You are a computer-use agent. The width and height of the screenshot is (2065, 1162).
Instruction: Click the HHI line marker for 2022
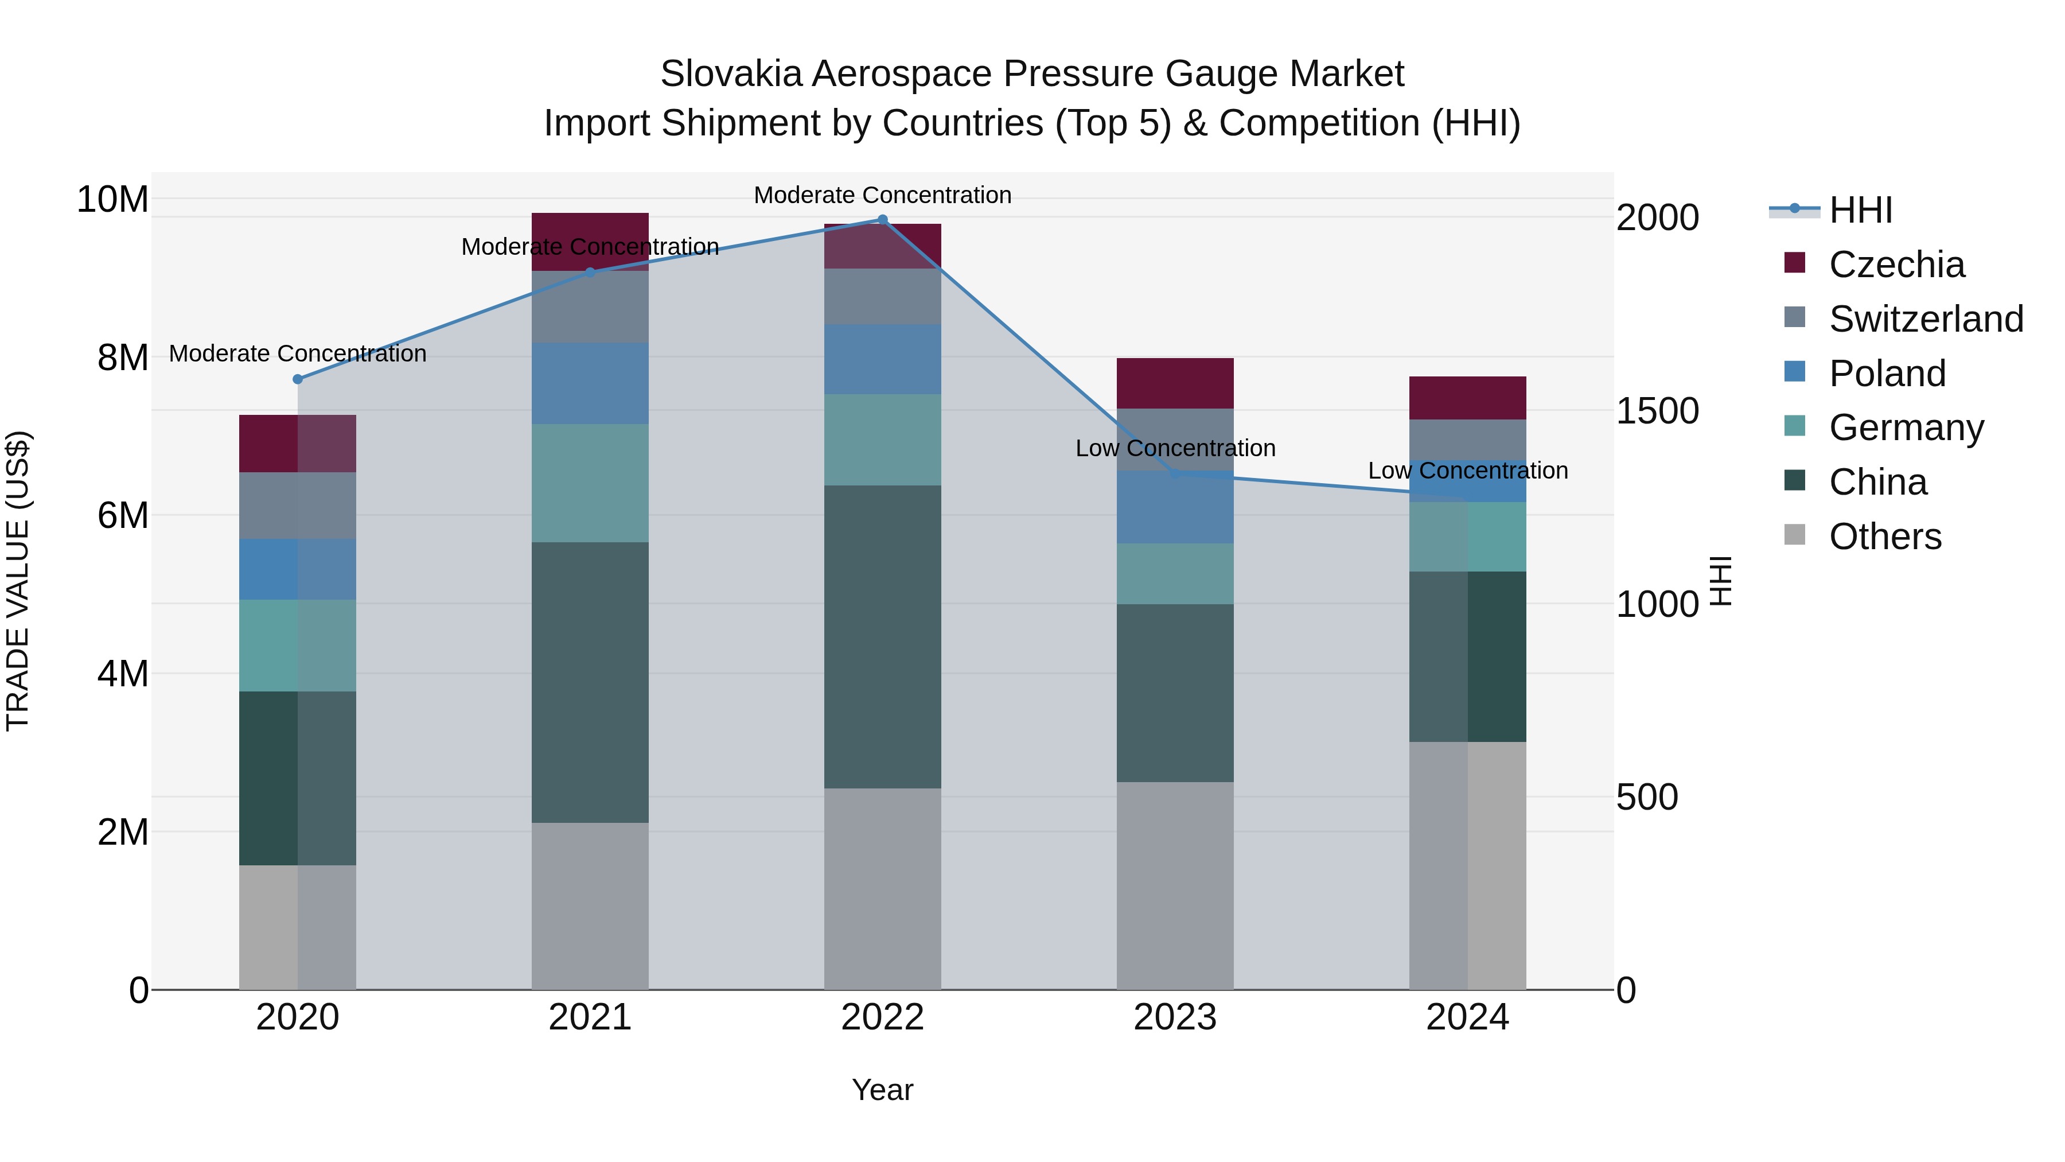point(883,220)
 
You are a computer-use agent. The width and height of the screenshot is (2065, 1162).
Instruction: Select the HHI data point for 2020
point(297,379)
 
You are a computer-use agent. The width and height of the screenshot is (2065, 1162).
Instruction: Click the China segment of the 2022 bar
point(883,637)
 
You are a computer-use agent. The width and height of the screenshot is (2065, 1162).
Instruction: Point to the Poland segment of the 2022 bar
point(883,359)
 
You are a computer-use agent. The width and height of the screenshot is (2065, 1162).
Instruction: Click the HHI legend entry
point(1860,210)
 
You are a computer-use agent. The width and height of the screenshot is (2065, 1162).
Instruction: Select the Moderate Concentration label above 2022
point(883,195)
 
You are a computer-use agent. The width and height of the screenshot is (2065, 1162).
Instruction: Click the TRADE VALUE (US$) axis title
point(18,581)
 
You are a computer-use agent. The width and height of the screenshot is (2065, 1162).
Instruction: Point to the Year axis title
point(883,1090)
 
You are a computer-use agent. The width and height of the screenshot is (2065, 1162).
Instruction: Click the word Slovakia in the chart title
point(730,74)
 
